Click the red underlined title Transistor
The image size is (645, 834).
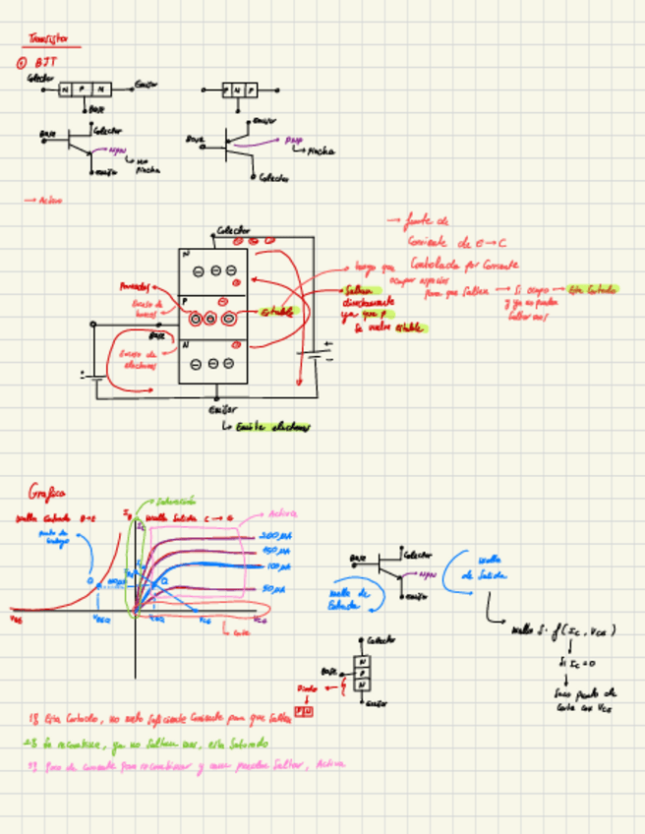(48, 41)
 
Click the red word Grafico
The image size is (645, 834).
(48, 492)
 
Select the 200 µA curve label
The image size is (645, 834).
(276, 536)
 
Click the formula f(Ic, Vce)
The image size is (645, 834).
(589, 630)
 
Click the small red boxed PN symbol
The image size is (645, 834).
(304, 710)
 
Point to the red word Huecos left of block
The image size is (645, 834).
(132, 287)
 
